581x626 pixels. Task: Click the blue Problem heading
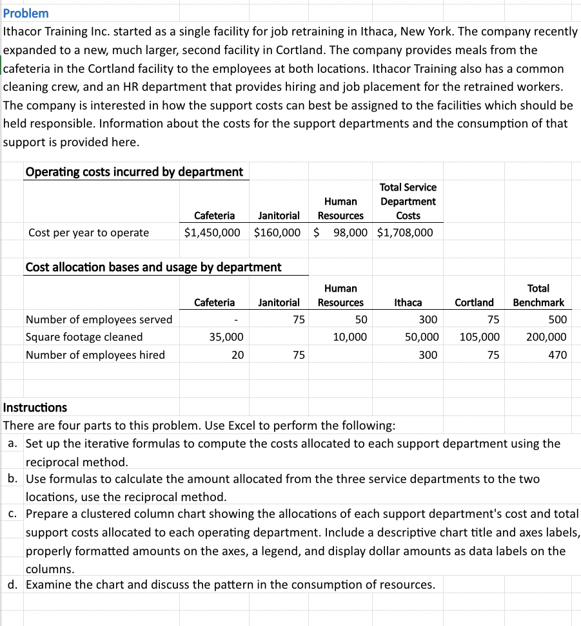coord(26,13)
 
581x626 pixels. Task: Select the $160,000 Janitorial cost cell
coord(277,232)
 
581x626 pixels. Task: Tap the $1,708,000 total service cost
coord(405,232)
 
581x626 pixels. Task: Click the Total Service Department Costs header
coord(408,201)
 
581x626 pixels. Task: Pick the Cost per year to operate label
coord(88,232)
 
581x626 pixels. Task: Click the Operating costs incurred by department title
coord(134,171)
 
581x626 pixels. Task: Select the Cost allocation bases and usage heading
coord(153,267)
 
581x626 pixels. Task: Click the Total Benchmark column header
coord(538,295)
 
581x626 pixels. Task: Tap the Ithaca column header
coord(408,302)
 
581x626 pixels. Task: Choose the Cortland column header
coord(474,302)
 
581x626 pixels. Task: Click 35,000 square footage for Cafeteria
coord(226,337)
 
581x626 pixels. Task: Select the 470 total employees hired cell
coord(557,355)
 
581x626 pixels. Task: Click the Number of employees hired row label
coord(95,355)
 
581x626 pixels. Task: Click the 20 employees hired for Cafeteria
coord(237,355)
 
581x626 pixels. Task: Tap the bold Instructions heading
coord(35,407)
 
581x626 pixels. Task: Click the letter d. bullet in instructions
coord(12,585)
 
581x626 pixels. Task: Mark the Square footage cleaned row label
coord(84,337)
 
